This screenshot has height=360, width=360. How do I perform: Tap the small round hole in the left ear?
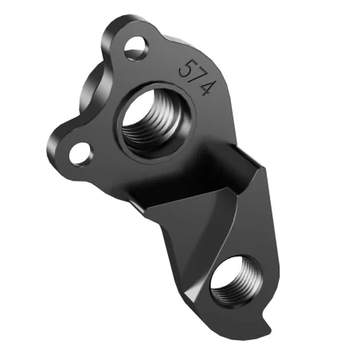pos(78,151)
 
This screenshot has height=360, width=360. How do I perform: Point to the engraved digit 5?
pos(188,67)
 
